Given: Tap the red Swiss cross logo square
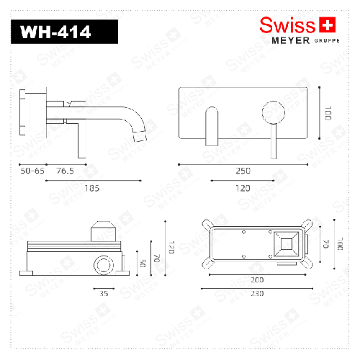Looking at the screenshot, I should click(328, 26).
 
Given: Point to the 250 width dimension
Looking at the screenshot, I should click(243, 171).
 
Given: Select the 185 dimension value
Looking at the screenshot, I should click(91, 188).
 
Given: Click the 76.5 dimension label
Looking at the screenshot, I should click(66, 171).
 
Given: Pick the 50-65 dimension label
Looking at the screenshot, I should click(32, 171).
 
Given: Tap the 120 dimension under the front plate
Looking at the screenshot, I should click(243, 188).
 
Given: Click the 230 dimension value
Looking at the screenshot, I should click(256, 293).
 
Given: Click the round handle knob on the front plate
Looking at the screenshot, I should click(273, 114).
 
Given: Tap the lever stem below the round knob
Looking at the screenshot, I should click(273, 141).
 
